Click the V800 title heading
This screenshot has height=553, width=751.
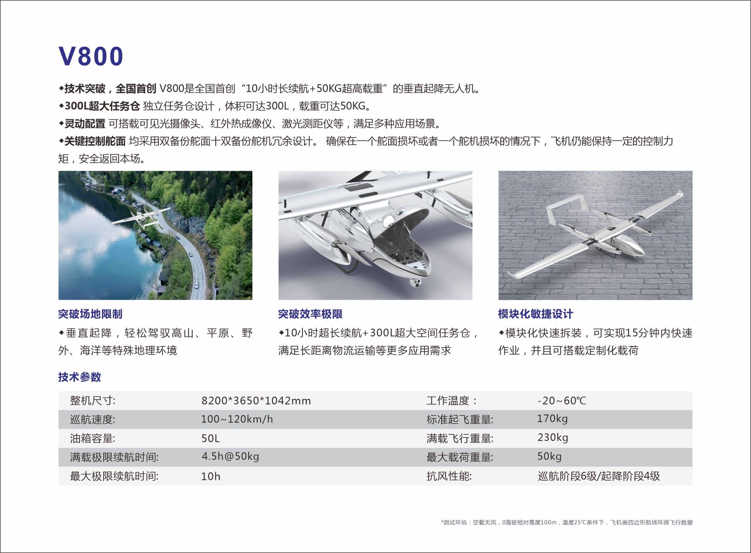click(x=91, y=56)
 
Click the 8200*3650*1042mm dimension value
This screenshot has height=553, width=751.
click(x=256, y=401)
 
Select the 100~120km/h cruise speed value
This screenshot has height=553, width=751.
click(x=237, y=419)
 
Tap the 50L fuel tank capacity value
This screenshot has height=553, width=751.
click(x=210, y=438)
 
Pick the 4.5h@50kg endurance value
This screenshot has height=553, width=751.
click(x=230, y=457)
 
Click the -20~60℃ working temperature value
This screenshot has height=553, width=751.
click(x=562, y=401)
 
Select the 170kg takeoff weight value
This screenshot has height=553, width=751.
click(x=552, y=419)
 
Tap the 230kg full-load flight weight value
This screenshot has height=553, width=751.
click(x=553, y=438)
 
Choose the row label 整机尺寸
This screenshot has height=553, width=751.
click(x=92, y=401)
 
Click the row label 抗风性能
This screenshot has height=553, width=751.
click(x=449, y=476)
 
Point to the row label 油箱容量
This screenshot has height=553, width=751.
click(x=92, y=438)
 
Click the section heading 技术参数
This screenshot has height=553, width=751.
click(x=80, y=377)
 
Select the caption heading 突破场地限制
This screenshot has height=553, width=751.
click(x=90, y=314)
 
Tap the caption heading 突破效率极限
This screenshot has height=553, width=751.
click(x=310, y=314)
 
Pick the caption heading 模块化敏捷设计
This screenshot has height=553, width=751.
click(x=535, y=314)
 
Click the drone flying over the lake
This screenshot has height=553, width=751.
click(x=141, y=217)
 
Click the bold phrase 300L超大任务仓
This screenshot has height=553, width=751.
click(x=102, y=106)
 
